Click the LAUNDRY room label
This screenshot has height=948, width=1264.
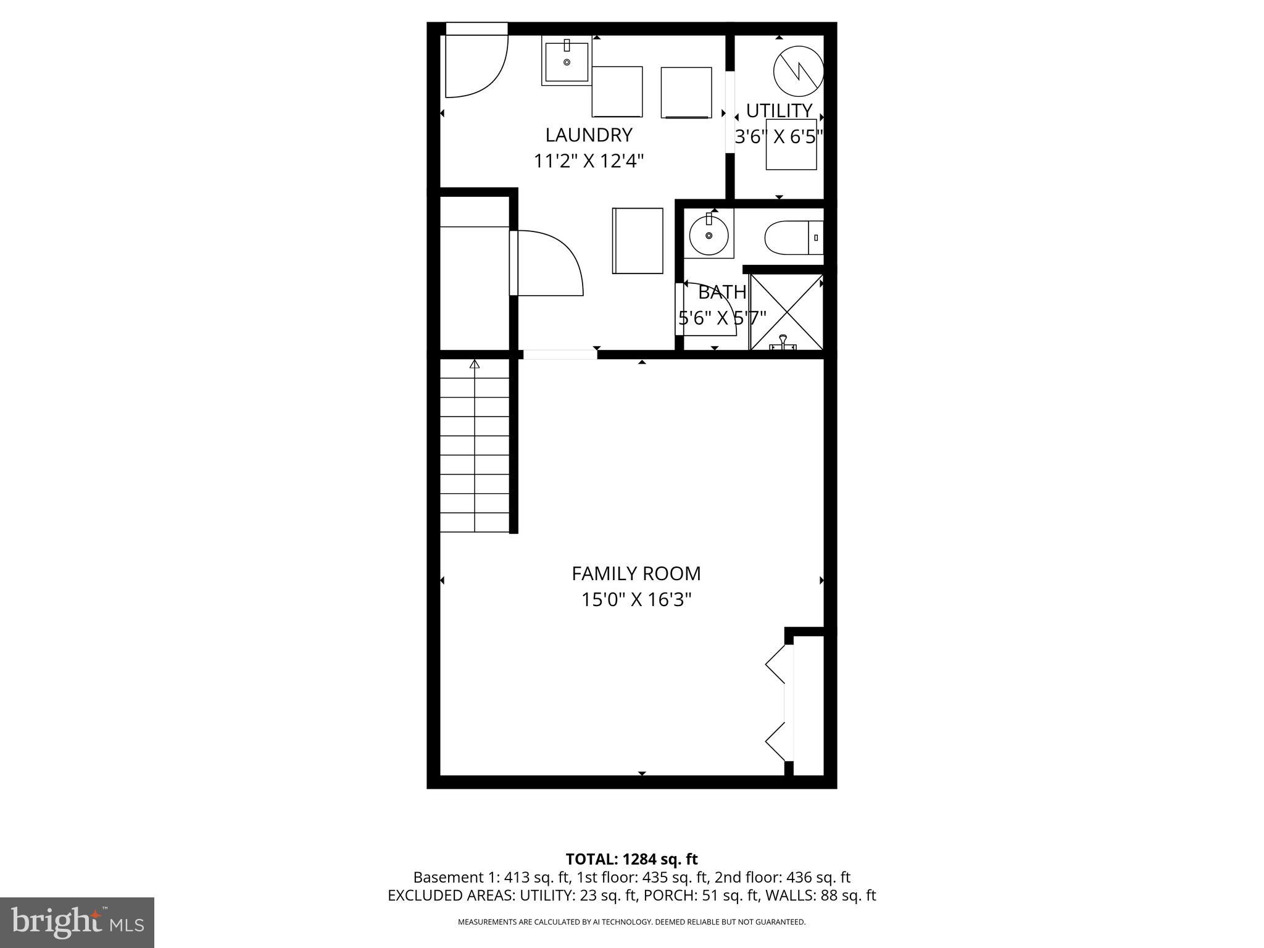(589, 135)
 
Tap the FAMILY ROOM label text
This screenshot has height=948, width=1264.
(636, 573)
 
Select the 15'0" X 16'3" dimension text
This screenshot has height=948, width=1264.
(636, 599)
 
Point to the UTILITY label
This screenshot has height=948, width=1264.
(779, 110)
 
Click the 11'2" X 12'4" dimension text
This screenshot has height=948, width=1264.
(589, 161)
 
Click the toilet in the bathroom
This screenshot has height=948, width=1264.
(792, 238)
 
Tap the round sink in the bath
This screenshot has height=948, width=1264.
(709, 235)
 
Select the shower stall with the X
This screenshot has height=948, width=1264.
(786, 312)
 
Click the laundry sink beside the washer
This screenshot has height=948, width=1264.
(567, 60)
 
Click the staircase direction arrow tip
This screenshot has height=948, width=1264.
(475, 364)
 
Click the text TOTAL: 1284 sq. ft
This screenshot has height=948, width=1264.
(631, 859)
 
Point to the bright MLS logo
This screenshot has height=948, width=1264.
(77, 922)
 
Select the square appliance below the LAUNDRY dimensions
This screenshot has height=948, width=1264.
(638, 241)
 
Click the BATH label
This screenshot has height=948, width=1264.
(721, 291)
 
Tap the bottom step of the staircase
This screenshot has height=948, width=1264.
(475, 522)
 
